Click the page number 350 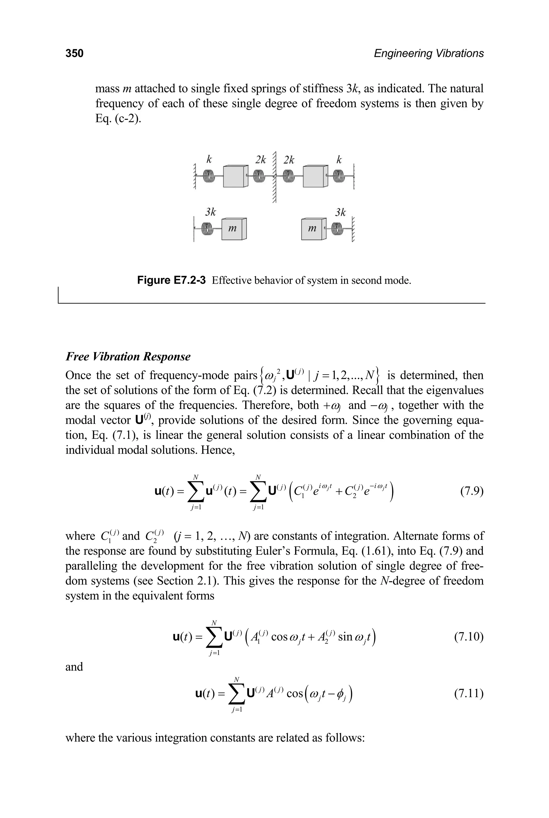point(74,53)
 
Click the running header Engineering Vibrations point(429,53)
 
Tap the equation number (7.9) point(472,492)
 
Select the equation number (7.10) point(469,636)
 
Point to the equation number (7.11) point(469,693)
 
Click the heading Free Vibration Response point(128,357)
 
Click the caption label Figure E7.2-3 point(171,280)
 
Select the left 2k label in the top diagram point(261,160)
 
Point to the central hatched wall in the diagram point(274,177)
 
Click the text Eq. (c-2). point(118,119)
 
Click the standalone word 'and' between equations point(74,667)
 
